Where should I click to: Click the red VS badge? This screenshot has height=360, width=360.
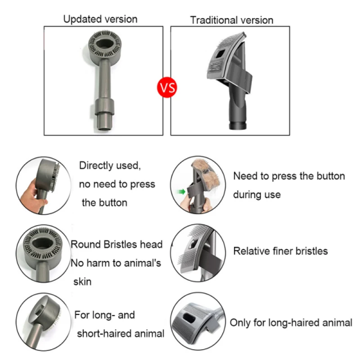[167, 88]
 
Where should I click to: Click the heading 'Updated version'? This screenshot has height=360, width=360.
[100, 19]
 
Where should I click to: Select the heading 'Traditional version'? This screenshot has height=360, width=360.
[232, 20]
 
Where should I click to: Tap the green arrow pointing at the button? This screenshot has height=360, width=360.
[182, 192]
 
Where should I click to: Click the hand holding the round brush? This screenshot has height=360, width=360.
[32, 197]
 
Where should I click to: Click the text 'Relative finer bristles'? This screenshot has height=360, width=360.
[280, 251]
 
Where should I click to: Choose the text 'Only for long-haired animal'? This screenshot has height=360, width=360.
[291, 323]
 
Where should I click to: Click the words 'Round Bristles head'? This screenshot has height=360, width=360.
[116, 244]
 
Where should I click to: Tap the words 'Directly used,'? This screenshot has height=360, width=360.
[110, 166]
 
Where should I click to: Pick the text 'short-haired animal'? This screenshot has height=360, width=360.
[121, 334]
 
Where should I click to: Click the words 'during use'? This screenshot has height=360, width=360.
[257, 194]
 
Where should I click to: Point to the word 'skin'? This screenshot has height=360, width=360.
[82, 281]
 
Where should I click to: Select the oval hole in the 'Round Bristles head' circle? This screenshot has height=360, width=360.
[43, 244]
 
